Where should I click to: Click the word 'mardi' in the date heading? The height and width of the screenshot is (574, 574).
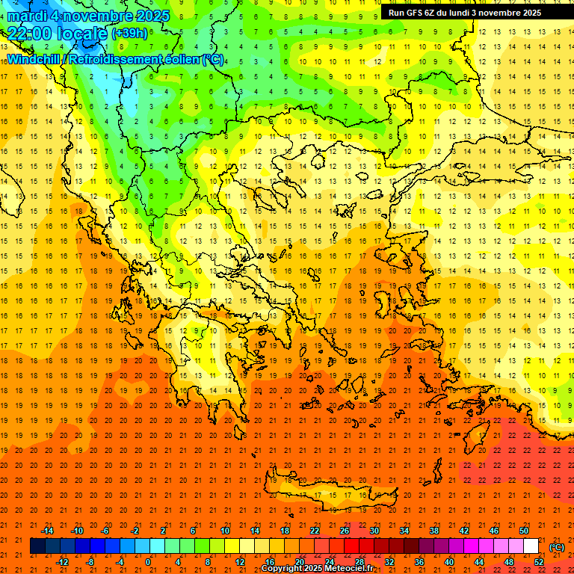[x=28, y=16]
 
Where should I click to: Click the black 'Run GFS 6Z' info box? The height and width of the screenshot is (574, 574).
[x=465, y=13]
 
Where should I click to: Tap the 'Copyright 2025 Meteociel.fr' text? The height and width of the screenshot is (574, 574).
[x=317, y=569]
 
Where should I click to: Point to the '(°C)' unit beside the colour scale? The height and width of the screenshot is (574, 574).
[x=556, y=547]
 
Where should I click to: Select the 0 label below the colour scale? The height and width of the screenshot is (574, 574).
[x=149, y=561]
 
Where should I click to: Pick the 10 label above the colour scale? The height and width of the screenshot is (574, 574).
[x=224, y=531]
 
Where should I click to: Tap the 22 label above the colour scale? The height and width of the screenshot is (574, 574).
[x=315, y=531]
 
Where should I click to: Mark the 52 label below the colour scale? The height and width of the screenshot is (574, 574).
[x=539, y=561]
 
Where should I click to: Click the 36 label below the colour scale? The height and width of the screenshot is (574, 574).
[x=419, y=561]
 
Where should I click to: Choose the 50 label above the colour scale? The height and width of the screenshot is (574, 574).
[x=524, y=531]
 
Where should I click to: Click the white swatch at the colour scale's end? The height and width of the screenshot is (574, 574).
[x=531, y=546]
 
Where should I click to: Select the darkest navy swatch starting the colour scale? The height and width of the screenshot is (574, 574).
[x=37, y=546]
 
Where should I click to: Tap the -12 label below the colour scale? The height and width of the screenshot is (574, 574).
[x=63, y=561]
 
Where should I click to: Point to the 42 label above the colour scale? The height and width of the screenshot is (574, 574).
[x=464, y=531]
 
